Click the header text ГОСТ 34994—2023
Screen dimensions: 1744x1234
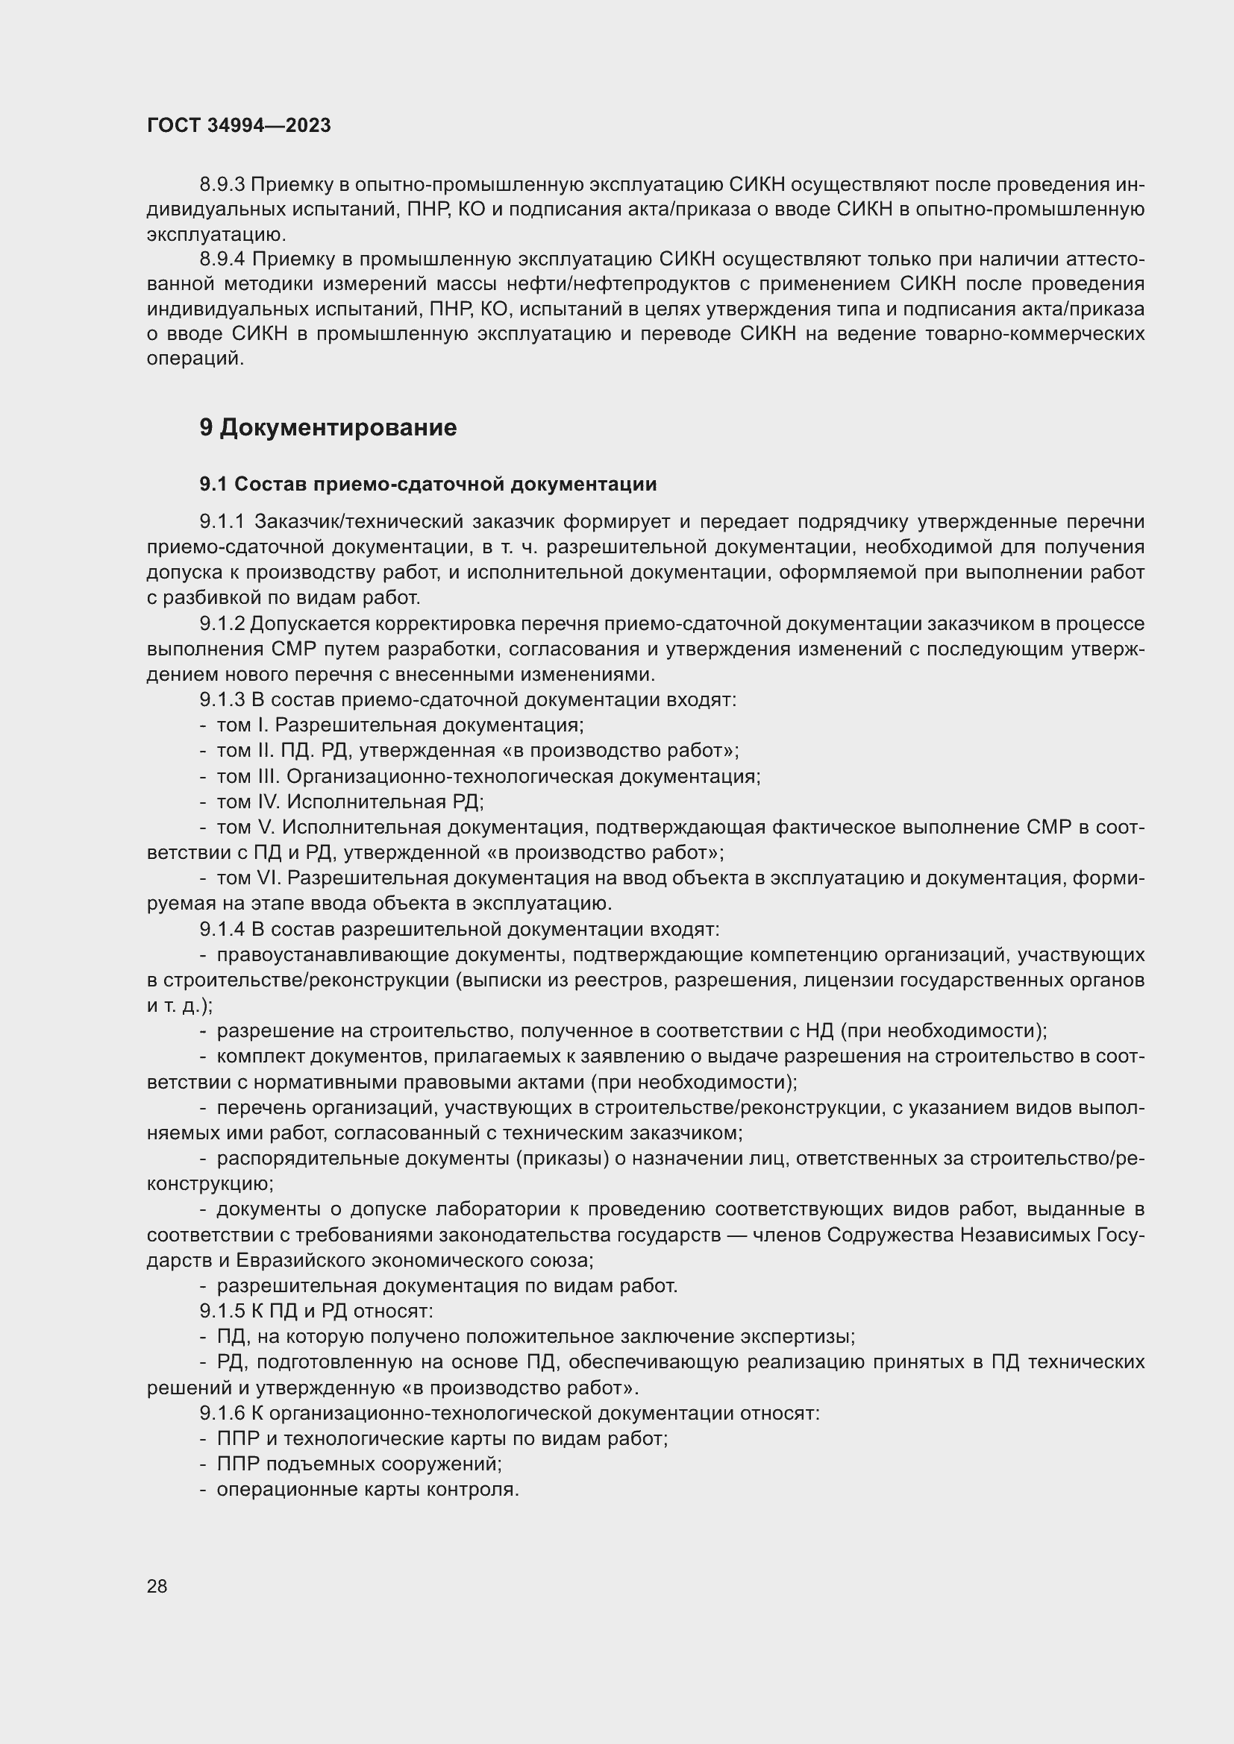tap(239, 126)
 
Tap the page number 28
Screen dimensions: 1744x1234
tap(157, 1586)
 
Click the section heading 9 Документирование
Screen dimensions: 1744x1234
tap(328, 428)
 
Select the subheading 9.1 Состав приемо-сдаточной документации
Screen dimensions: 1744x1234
tap(427, 484)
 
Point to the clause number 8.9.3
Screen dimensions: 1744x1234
tap(222, 185)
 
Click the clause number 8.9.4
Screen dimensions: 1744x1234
tap(222, 259)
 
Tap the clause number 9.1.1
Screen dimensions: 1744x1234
tap(222, 522)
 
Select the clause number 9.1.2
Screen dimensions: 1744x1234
tap(222, 623)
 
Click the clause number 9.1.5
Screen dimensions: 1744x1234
tap(222, 1311)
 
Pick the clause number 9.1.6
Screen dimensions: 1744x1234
tap(222, 1413)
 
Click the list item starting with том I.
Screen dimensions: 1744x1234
tap(400, 725)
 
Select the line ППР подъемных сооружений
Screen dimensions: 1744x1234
tap(360, 1464)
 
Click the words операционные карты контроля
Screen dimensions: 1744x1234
tap(368, 1490)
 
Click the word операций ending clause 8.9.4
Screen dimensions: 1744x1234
tap(195, 359)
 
